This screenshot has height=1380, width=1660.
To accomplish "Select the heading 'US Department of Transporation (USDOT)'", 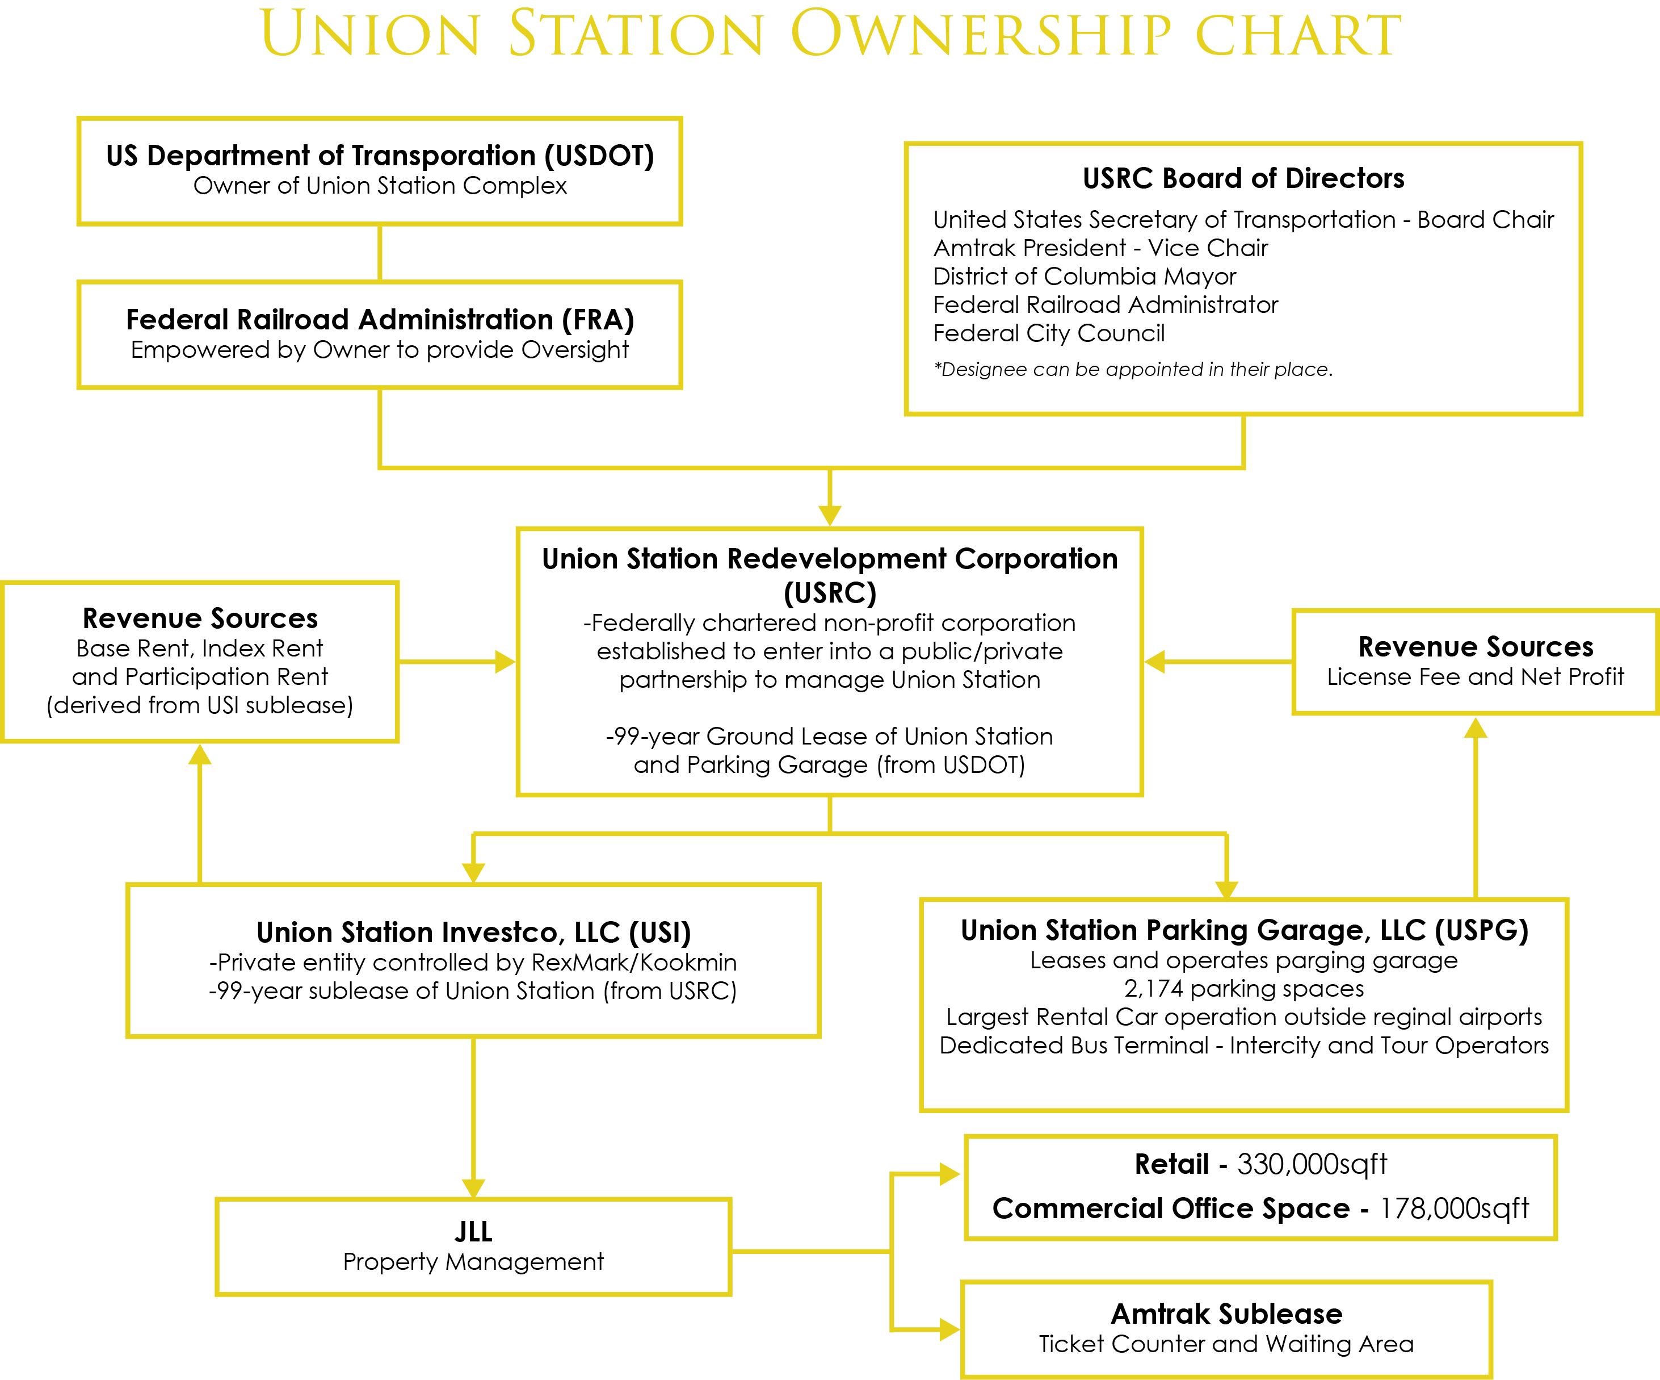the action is (x=380, y=156).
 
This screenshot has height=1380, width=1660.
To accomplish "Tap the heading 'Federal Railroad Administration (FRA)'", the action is (x=380, y=320).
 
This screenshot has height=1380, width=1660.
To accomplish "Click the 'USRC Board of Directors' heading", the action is (x=1243, y=178).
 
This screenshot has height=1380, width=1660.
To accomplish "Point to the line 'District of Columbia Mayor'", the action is (x=1085, y=277).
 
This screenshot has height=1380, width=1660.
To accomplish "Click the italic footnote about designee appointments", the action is (x=1133, y=369).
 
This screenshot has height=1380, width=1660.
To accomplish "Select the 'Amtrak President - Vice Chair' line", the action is (x=1100, y=248).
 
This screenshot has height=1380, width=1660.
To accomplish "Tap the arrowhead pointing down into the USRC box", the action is (x=829, y=516).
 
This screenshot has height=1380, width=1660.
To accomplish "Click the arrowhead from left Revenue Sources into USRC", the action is (x=506, y=661).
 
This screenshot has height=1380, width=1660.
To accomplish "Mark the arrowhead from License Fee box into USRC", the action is (x=1155, y=661).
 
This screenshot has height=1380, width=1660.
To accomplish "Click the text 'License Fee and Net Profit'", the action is (x=1475, y=677).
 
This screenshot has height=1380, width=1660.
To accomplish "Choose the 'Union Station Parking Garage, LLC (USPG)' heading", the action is (x=1244, y=930).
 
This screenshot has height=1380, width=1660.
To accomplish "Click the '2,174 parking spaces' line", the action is (x=1244, y=989).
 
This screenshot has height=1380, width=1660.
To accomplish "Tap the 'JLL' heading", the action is (x=473, y=1231).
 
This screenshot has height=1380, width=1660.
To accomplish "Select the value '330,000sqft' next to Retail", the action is (x=1312, y=1164).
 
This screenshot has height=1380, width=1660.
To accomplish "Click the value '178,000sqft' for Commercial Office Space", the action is (x=1455, y=1208).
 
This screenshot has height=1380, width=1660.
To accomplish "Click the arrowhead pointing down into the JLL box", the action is (x=473, y=1188).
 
